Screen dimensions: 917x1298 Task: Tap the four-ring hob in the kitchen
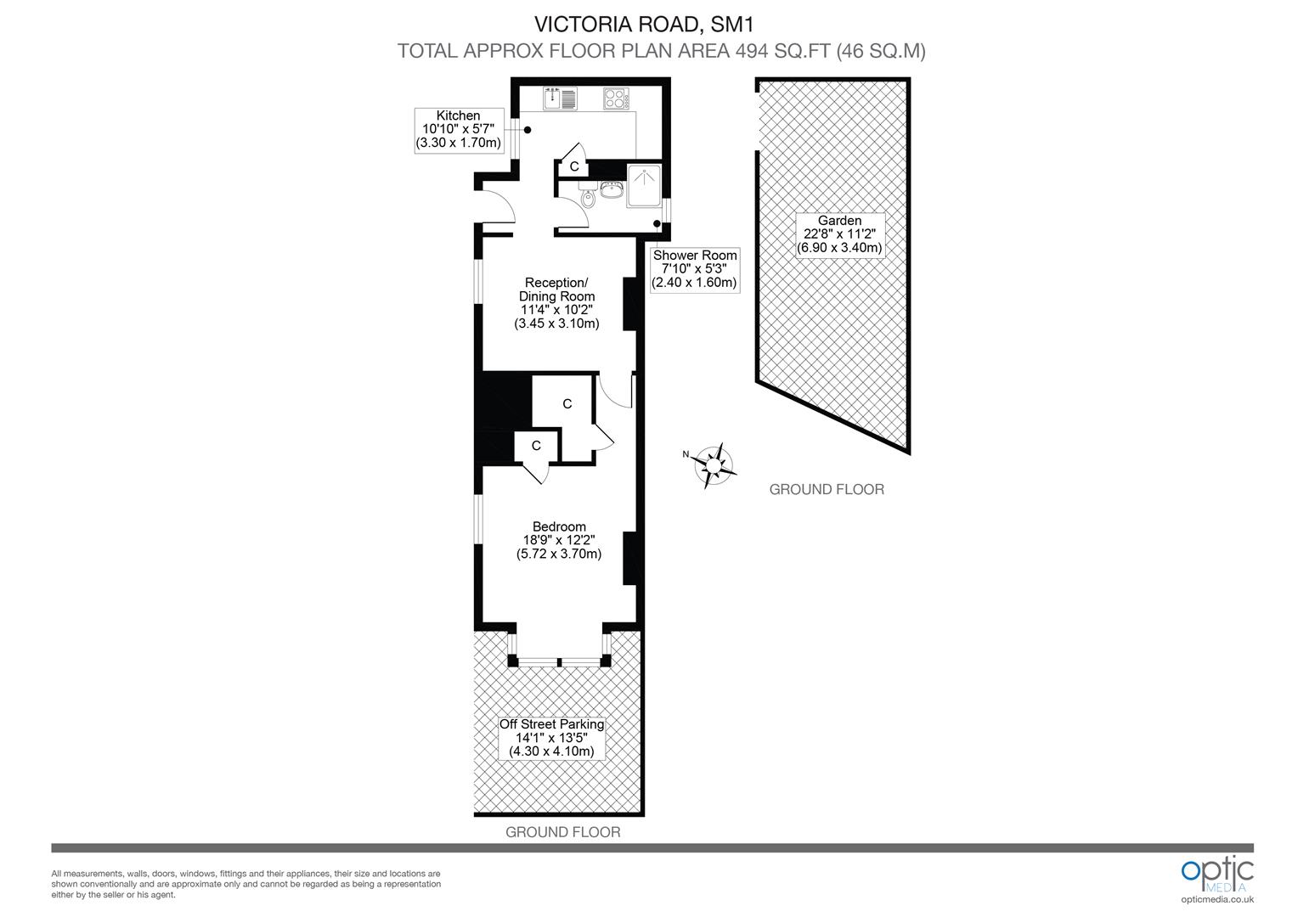(x=615, y=98)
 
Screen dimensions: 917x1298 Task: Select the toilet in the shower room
(x=588, y=197)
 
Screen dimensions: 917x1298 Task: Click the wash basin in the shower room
(x=611, y=188)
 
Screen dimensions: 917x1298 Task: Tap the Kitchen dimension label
(x=458, y=129)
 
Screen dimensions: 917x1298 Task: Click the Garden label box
(x=839, y=234)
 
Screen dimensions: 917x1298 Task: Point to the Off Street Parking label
(x=551, y=738)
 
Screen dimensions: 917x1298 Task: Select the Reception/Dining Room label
(x=556, y=302)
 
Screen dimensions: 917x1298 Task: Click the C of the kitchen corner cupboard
(x=574, y=166)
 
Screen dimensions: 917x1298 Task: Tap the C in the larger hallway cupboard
(x=567, y=404)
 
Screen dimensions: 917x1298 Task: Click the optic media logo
(x=1216, y=875)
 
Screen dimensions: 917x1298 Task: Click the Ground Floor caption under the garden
(x=826, y=489)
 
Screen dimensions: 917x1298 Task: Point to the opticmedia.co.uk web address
(x=1216, y=899)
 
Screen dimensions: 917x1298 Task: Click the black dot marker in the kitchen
(x=528, y=130)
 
